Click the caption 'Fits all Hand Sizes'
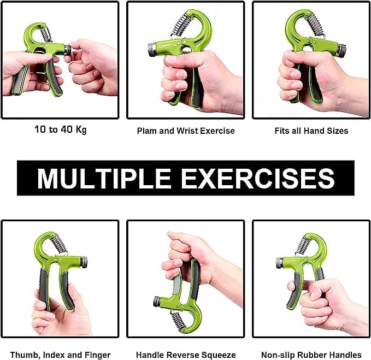(x=311, y=131)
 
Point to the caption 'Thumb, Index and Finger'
(x=60, y=355)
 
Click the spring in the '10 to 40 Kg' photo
(x=46, y=33)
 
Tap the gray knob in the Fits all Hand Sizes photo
(x=341, y=51)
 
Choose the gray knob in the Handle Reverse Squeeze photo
(x=157, y=301)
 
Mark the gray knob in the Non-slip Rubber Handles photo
(x=279, y=262)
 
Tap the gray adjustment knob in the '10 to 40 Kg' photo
(x=67, y=50)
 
